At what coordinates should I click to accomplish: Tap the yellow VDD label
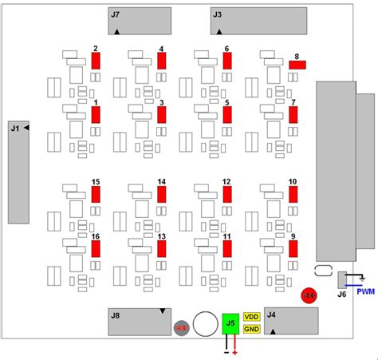[251, 317]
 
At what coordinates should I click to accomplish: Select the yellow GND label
[251, 329]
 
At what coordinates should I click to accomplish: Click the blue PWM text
[365, 291]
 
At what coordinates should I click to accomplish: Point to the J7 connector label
[116, 14]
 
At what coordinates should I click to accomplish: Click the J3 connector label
[218, 14]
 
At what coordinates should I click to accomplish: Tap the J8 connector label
[116, 315]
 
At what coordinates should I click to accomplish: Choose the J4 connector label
[272, 315]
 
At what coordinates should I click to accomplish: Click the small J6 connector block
[342, 279]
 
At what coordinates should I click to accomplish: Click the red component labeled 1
[96, 114]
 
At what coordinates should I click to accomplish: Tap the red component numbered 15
[96, 193]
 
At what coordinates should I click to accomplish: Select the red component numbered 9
[293, 248]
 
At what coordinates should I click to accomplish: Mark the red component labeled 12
[227, 193]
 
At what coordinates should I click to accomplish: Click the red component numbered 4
[162, 61]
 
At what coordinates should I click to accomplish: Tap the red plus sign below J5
[235, 351]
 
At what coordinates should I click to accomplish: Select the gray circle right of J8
[181, 326]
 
